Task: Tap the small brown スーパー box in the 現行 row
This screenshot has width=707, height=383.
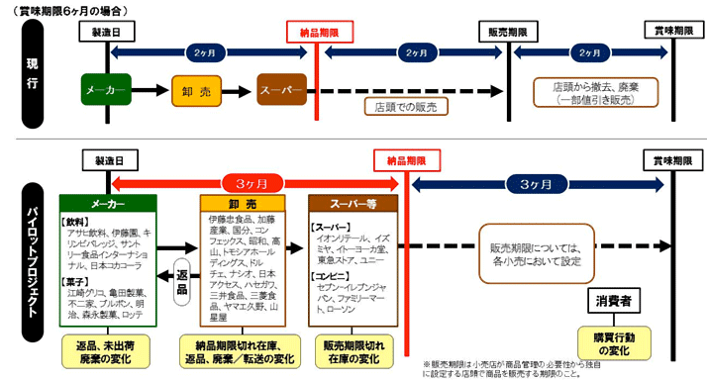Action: coord(280,90)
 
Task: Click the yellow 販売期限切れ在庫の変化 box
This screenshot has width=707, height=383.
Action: coord(353,350)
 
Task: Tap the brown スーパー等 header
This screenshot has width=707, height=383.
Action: coord(352,202)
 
